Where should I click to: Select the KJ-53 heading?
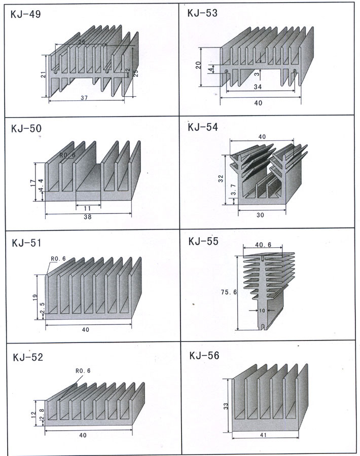tap(202, 14)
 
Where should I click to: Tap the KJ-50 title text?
tap(26, 129)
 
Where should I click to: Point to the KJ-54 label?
tap(202, 127)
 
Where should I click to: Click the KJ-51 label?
tap(26, 243)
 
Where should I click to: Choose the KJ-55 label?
tap(203, 241)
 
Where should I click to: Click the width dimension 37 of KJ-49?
tap(84, 98)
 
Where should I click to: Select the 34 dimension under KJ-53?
tap(257, 87)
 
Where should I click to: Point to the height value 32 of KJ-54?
tap(221, 178)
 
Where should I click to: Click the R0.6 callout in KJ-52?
tap(83, 370)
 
